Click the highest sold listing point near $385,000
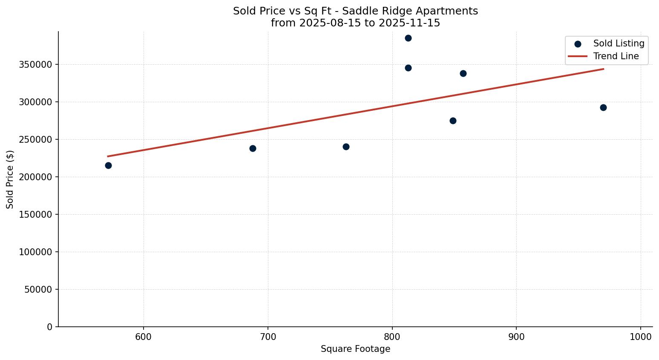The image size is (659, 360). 408,38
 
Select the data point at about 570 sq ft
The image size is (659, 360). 108,165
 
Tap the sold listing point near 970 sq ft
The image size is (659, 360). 603,107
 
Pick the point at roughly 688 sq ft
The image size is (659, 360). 253,148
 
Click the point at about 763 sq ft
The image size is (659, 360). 346,147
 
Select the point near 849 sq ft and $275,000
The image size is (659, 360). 453,121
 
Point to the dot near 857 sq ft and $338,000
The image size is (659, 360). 463,73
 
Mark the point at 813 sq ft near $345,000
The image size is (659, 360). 408,68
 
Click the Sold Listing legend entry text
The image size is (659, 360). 619,43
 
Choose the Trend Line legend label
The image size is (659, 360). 616,56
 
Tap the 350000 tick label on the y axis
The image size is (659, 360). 36,65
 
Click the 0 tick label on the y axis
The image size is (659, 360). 50,327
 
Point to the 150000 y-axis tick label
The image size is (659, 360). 36,214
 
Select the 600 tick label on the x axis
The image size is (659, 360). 144,337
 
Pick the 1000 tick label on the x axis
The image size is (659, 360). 641,337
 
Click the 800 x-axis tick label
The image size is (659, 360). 392,337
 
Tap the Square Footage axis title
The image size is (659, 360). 355,349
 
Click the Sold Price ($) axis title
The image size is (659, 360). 10,179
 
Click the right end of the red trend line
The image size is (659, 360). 603,69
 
